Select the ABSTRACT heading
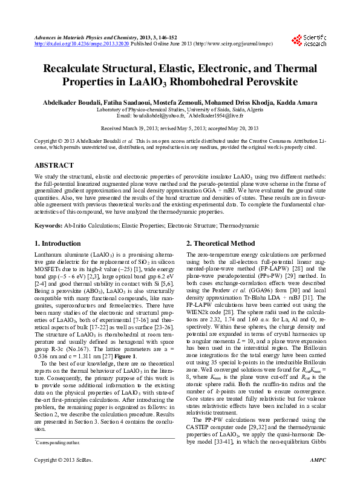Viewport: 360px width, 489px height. click(54, 165)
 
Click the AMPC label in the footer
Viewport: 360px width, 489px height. click(318, 478)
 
